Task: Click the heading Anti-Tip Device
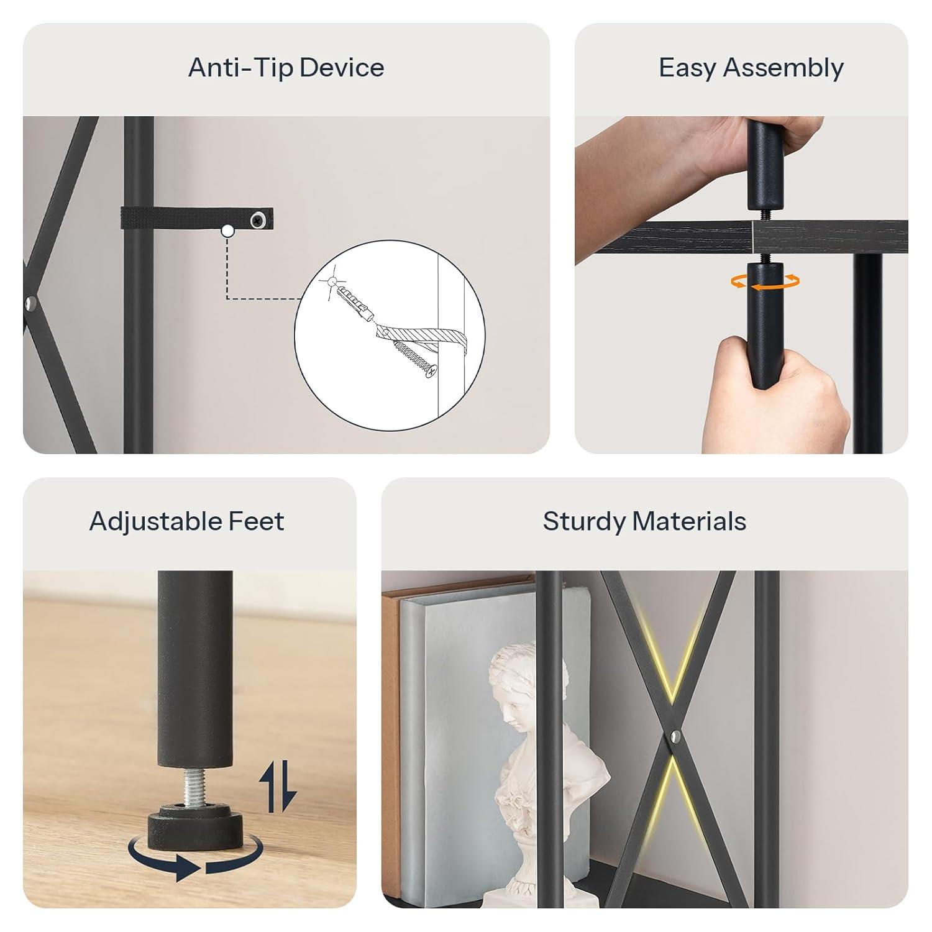(x=286, y=68)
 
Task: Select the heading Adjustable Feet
(x=186, y=522)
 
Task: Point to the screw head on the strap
(x=257, y=220)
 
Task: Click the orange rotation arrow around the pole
(x=764, y=281)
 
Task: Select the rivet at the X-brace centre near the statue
(x=675, y=738)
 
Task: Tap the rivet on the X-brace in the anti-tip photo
(x=30, y=304)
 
